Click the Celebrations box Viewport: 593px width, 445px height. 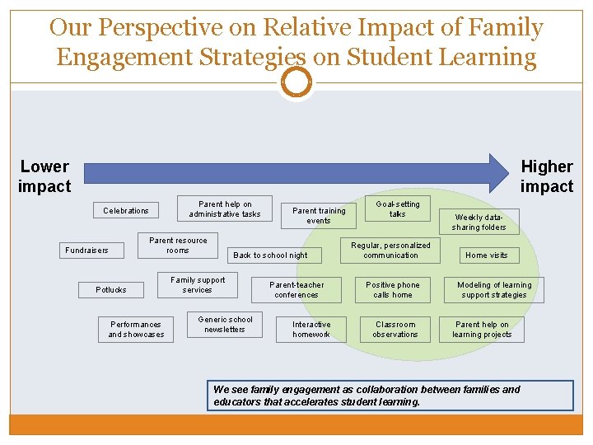(x=126, y=211)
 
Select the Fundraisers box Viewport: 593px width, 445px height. (x=86, y=251)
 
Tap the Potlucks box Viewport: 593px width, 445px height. (x=111, y=290)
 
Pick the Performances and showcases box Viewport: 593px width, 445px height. (x=136, y=330)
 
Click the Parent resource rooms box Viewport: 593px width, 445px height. (x=178, y=246)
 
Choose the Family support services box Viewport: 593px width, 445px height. (x=197, y=285)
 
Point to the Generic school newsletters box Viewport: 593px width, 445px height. (x=225, y=325)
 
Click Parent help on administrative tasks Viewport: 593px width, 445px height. (x=225, y=209)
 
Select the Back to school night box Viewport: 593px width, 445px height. (x=270, y=255)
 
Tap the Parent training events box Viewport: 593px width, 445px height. (x=319, y=216)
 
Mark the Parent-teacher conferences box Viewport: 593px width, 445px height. (x=296, y=290)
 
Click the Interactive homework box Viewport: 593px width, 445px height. (x=311, y=330)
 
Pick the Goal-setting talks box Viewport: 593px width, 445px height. (x=398, y=209)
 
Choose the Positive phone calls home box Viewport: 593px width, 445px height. (x=396, y=290)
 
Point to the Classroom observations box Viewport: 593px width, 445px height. (x=395, y=330)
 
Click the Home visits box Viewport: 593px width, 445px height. (x=486, y=255)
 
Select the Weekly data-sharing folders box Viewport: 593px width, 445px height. (x=479, y=222)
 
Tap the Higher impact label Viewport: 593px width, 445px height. (x=546, y=176)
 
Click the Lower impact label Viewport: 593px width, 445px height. (x=44, y=176)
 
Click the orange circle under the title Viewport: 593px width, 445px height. (x=296, y=82)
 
